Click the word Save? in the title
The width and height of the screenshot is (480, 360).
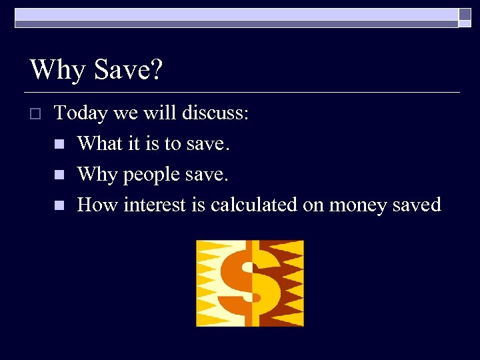point(127,69)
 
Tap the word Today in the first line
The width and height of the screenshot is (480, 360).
point(81,113)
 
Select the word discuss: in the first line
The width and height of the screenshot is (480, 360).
point(213,113)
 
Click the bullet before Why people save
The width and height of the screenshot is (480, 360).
point(59,175)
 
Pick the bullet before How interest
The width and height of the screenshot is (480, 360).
point(59,205)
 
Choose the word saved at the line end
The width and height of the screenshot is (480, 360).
point(417,205)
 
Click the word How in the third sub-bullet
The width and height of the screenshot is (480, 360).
point(97,205)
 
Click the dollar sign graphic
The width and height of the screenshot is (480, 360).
point(250,283)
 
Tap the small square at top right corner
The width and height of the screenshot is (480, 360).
point(465,14)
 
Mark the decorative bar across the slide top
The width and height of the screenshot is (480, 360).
point(237,18)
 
